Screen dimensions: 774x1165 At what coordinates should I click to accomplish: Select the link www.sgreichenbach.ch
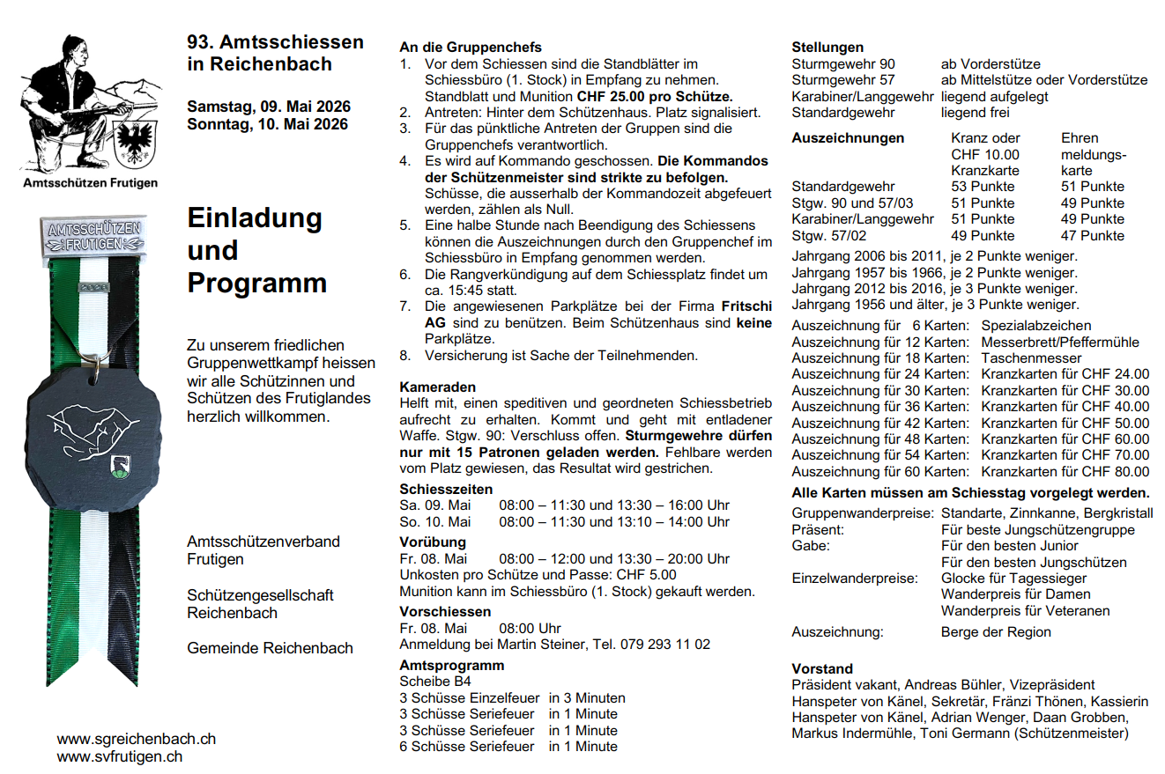(x=137, y=740)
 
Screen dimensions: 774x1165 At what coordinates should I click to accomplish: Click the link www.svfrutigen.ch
(x=120, y=756)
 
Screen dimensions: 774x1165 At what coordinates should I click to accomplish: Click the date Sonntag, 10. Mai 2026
(x=267, y=124)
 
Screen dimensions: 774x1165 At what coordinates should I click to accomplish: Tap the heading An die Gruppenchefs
(x=471, y=48)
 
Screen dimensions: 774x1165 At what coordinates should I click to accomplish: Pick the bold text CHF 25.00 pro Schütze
(x=655, y=96)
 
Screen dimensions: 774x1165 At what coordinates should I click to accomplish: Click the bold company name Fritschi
(x=746, y=306)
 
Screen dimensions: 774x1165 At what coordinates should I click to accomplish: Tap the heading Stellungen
(x=827, y=48)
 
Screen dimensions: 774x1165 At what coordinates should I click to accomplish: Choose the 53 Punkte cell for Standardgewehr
(x=983, y=187)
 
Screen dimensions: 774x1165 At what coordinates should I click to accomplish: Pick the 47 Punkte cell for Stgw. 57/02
(x=1093, y=235)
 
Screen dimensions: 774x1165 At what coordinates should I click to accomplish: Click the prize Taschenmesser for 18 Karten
(x=1031, y=358)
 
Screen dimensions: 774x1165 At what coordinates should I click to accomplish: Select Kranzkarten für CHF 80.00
(x=1065, y=471)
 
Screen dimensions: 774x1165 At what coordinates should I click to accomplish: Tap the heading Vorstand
(x=822, y=669)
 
